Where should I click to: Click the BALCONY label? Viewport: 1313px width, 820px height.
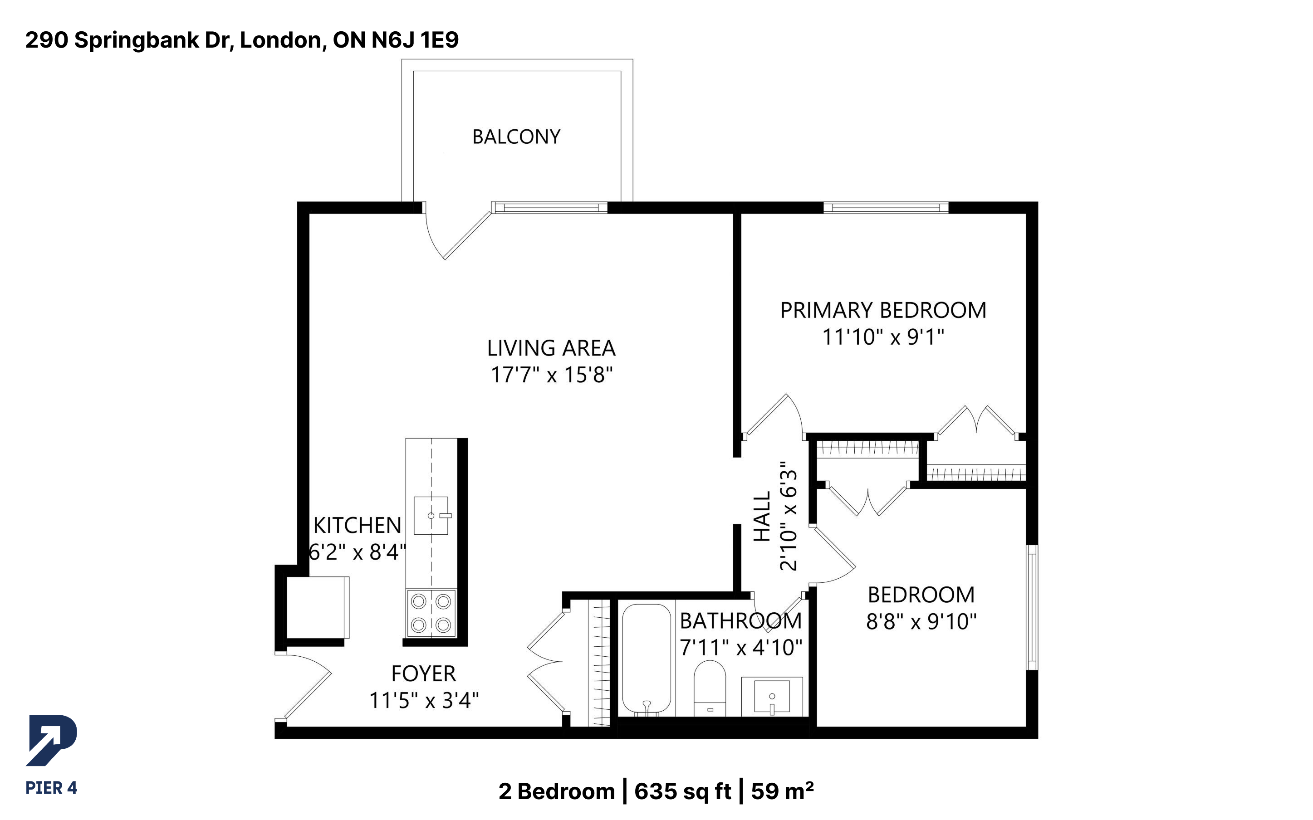(516, 137)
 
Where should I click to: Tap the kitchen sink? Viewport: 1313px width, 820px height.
(431, 515)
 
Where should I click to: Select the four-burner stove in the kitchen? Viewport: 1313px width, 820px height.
(431, 613)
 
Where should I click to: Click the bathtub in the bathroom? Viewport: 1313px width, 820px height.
(647, 659)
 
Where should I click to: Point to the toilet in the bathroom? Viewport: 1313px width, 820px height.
(710, 688)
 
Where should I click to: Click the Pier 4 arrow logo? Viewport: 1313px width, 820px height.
(52, 740)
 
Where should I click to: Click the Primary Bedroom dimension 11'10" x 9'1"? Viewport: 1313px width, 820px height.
(883, 337)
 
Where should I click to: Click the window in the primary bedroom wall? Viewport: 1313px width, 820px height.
(886, 207)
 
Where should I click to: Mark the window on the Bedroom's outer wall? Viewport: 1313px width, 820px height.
(1032, 607)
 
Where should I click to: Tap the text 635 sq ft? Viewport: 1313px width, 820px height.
(683, 791)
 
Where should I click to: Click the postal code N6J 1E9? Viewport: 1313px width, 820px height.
(415, 39)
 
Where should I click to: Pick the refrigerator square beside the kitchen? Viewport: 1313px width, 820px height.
(318, 607)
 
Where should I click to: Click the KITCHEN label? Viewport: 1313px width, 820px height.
(358, 526)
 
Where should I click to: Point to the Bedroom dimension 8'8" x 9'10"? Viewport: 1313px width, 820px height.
(921, 621)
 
